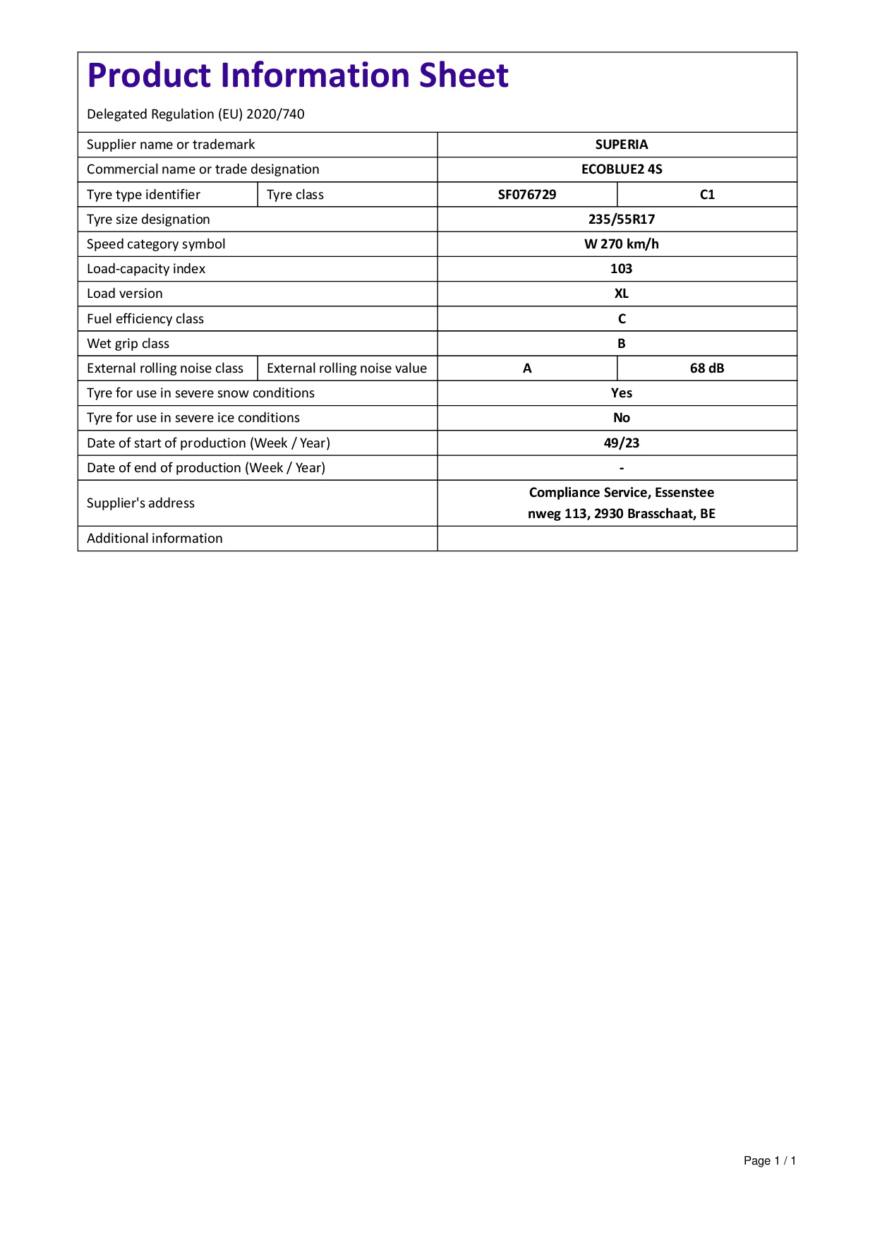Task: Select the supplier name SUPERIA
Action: pyautogui.click(x=621, y=145)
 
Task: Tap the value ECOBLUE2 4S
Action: pyautogui.click(x=621, y=169)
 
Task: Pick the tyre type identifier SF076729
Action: pyautogui.click(x=527, y=195)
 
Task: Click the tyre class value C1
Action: pyautogui.click(x=707, y=195)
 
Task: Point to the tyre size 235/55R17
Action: pyautogui.click(x=621, y=220)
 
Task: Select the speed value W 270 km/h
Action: pyautogui.click(x=621, y=244)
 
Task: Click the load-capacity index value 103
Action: pyautogui.click(x=621, y=269)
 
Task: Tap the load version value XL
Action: pyautogui.click(x=621, y=294)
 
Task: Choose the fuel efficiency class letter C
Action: pyautogui.click(x=621, y=319)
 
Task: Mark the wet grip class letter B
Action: pyautogui.click(x=621, y=344)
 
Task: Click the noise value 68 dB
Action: pyautogui.click(x=707, y=368)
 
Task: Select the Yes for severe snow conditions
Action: pyautogui.click(x=621, y=393)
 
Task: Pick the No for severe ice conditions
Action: pyautogui.click(x=621, y=418)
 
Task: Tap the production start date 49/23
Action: pyautogui.click(x=621, y=443)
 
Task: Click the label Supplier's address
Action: pyautogui.click(x=140, y=503)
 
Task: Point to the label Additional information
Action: pyautogui.click(x=155, y=539)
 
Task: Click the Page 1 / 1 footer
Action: pyautogui.click(x=769, y=1161)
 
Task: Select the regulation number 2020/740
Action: pyautogui.click(x=275, y=114)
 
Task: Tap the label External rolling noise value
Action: pyautogui.click(x=346, y=368)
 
